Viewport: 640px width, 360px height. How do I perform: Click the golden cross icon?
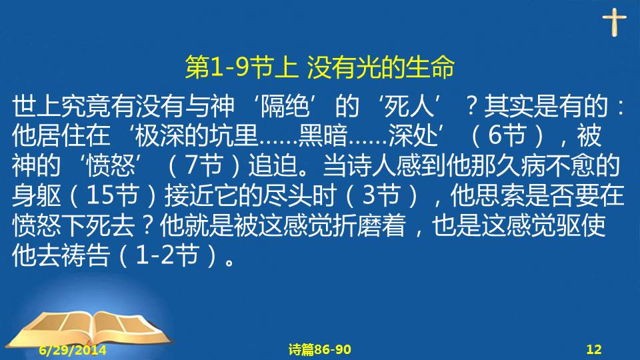[x=614, y=22]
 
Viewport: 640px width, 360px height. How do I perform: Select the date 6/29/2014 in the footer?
[x=73, y=350]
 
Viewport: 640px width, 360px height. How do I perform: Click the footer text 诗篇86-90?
[x=319, y=349]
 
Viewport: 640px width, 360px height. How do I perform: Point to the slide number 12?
[x=594, y=349]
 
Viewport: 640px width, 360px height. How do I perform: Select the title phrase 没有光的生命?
[x=381, y=67]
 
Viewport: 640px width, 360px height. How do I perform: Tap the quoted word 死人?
[x=409, y=106]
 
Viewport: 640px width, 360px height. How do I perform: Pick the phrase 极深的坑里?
[x=196, y=135]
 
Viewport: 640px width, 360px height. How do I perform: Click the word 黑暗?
[x=323, y=135]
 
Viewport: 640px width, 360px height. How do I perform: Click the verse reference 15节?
[x=112, y=195]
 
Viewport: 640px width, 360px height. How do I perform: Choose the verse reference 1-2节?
[x=167, y=255]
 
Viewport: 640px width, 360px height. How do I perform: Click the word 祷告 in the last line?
[x=86, y=255]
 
